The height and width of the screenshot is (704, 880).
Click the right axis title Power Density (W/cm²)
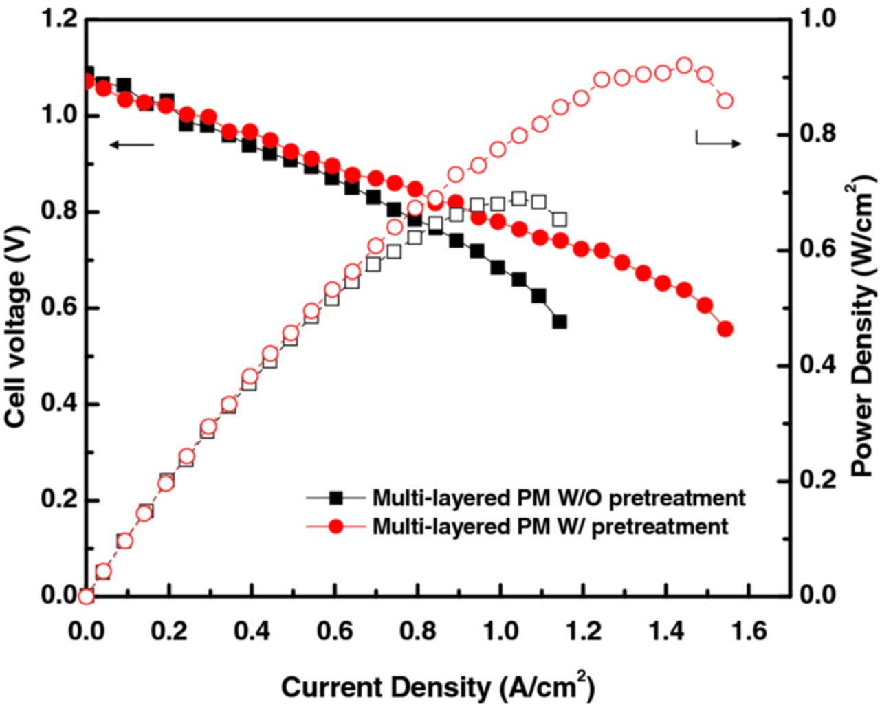coord(863,330)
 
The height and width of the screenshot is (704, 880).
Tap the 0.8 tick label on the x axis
coord(415,630)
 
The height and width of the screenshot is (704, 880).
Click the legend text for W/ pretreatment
coord(550,527)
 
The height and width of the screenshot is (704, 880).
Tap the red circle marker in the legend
coord(335,527)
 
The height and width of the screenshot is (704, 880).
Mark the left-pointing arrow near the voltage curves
coord(131,144)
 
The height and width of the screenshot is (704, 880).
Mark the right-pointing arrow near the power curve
coord(718,140)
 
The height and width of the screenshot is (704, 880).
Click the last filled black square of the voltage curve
coord(560,321)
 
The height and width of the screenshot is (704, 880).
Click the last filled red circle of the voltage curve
coord(725,329)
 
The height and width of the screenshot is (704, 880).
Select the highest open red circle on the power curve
coord(684,65)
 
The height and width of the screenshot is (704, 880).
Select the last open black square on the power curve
coord(560,219)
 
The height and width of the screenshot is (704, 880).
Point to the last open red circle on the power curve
coord(725,101)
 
